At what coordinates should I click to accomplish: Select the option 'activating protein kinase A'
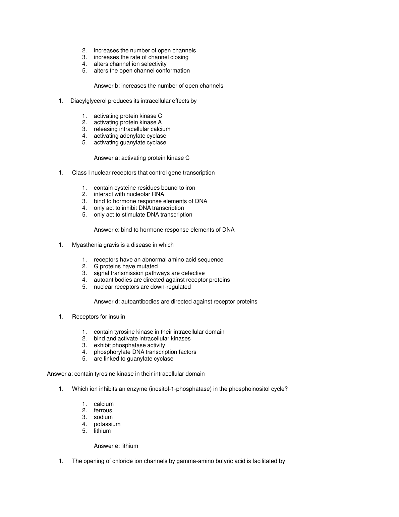point(127,122)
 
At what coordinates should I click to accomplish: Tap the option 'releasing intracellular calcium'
point(132,129)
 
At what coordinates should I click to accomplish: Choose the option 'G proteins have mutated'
point(125,266)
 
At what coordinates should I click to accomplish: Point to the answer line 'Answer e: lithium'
point(116,446)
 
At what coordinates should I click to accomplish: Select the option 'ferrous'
point(103,410)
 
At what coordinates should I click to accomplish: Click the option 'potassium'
point(107,424)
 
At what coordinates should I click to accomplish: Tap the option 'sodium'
point(103,417)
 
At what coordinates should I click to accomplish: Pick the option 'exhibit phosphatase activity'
point(129,345)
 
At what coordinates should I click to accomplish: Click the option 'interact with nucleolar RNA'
point(129,194)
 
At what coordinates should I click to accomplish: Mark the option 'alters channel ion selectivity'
point(130,64)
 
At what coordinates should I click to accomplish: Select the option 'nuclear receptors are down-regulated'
point(142,287)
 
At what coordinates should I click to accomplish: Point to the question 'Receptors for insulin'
point(98,317)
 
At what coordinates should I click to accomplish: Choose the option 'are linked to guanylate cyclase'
point(133,359)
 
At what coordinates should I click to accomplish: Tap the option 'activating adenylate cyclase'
point(130,136)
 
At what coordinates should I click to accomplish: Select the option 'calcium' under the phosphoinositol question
point(104,404)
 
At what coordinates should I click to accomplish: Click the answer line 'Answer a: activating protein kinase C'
point(141,158)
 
